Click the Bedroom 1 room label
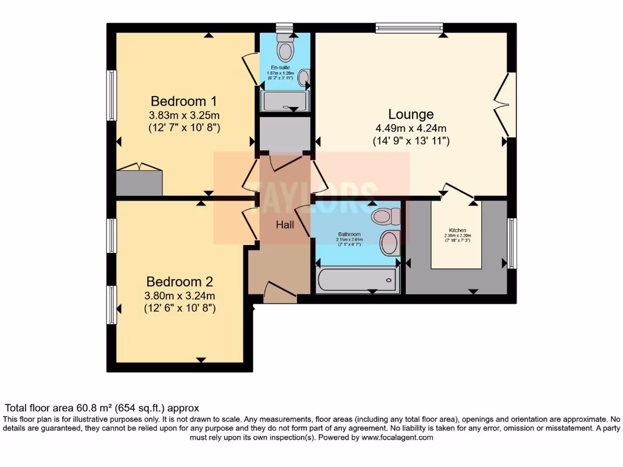[184, 101]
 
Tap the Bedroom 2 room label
[179, 282]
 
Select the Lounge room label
[411, 114]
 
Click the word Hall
[285, 225]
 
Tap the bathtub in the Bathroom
[357, 280]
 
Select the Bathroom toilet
[385, 216]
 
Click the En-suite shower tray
[285, 101]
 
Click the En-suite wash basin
[304, 77]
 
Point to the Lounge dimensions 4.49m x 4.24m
[411, 128]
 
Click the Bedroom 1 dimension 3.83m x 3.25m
[184, 115]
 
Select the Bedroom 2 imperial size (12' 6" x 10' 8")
[179, 309]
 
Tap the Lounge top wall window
[409, 27]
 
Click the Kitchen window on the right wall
[512, 243]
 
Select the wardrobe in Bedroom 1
[139, 182]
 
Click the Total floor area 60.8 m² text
[102, 408]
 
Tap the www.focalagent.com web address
[397, 437]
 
